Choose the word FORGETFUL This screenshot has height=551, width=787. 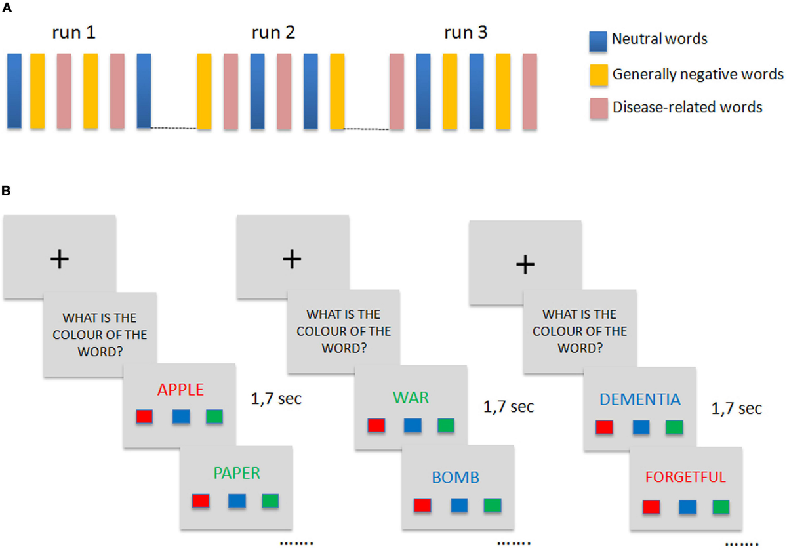pos(685,477)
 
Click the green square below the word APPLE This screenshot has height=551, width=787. pos(214,417)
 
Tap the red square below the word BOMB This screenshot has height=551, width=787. pos(423,504)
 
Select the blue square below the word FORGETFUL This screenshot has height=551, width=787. pos(687,506)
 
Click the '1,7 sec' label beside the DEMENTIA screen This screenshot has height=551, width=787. pos(737,409)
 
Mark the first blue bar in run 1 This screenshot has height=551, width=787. pos(14,91)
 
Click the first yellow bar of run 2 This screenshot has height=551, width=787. pos(204,91)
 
